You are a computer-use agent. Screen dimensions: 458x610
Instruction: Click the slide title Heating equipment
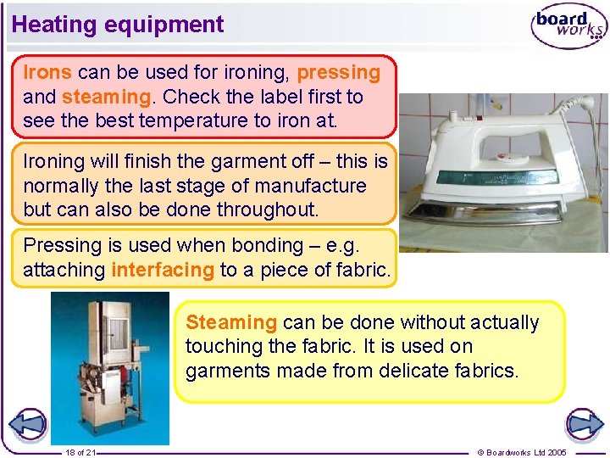pyautogui.click(x=118, y=24)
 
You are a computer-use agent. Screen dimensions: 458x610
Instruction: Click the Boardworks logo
pyautogui.click(x=568, y=27)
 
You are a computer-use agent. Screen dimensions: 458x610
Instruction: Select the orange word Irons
pyautogui.click(x=47, y=72)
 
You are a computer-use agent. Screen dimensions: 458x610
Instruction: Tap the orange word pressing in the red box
pyautogui.click(x=339, y=72)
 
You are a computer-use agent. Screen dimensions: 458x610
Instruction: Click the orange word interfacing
pyautogui.click(x=163, y=270)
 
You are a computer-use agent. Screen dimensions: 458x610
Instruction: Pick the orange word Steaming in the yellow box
pyautogui.click(x=231, y=322)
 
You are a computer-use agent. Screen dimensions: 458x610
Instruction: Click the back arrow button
pyautogui.click(x=28, y=424)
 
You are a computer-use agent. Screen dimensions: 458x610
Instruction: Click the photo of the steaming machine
pyautogui.click(x=109, y=368)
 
